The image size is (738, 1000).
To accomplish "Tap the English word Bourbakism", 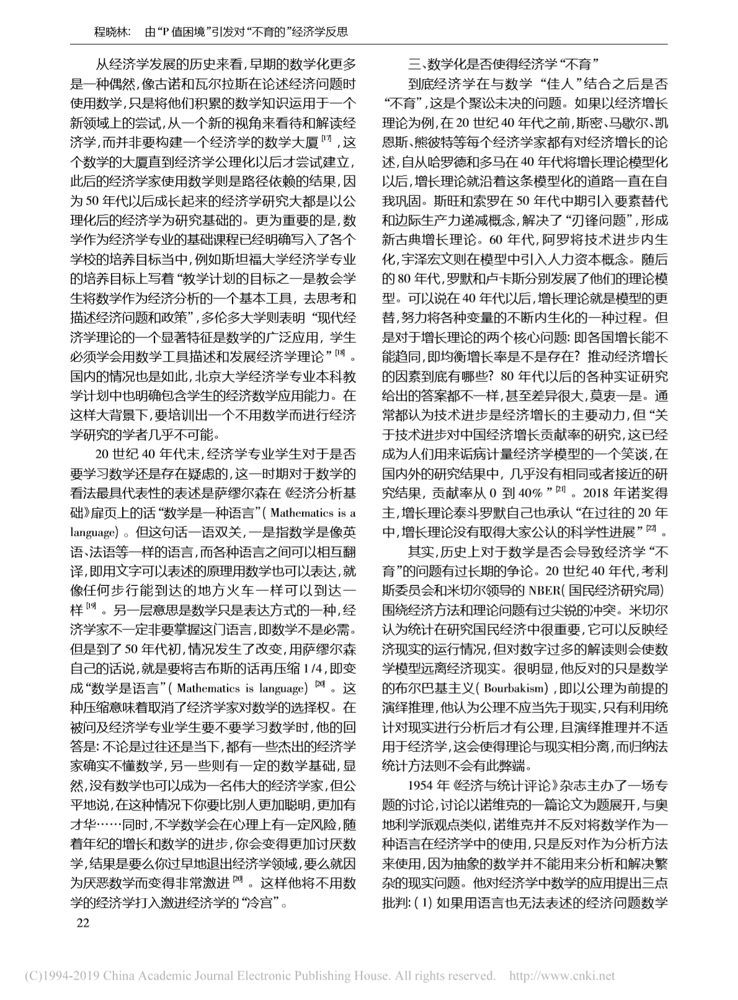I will (515, 689).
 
